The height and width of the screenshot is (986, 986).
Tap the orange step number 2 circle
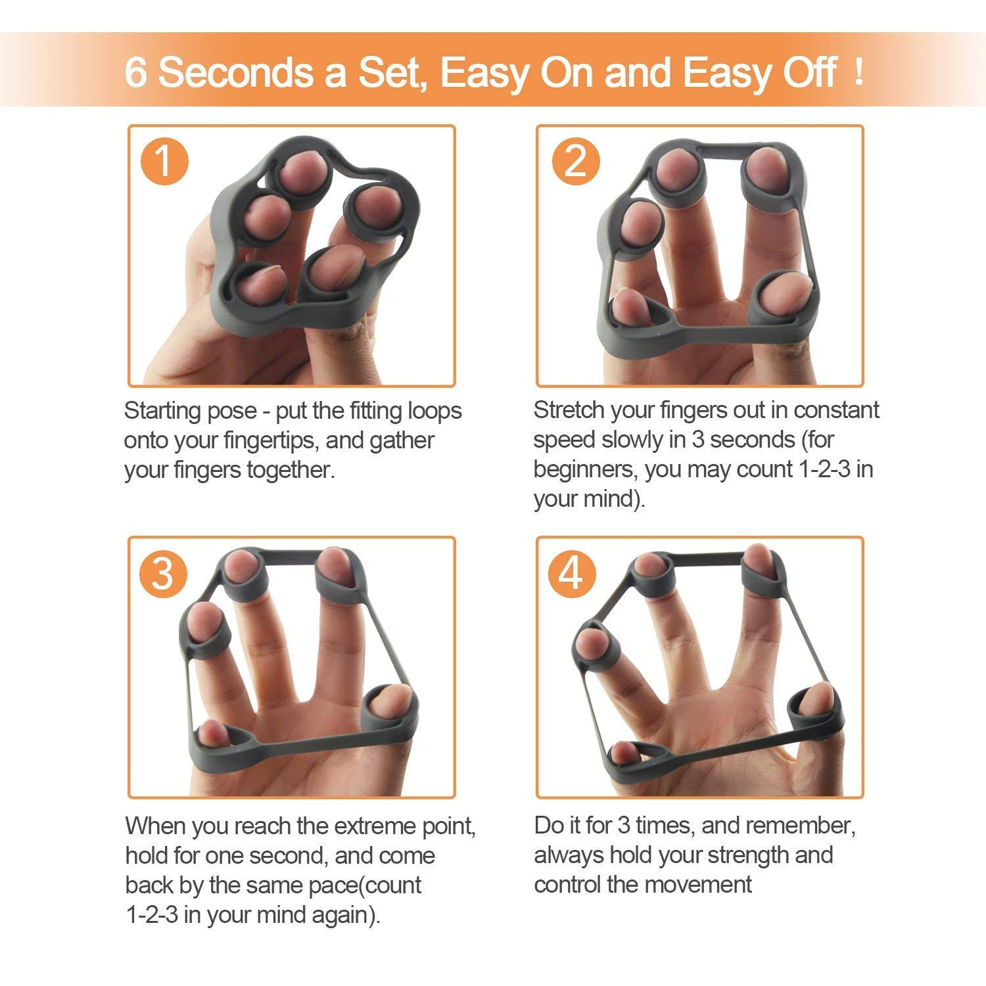click(575, 160)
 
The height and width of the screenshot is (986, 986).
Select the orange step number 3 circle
click(164, 573)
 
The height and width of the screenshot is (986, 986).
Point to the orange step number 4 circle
click(572, 573)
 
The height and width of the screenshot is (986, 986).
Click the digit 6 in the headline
click(135, 72)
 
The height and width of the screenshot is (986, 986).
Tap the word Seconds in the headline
click(235, 72)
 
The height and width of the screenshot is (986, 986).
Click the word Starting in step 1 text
click(164, 411)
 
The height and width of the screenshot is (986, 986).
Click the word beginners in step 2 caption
click(585, 469)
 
